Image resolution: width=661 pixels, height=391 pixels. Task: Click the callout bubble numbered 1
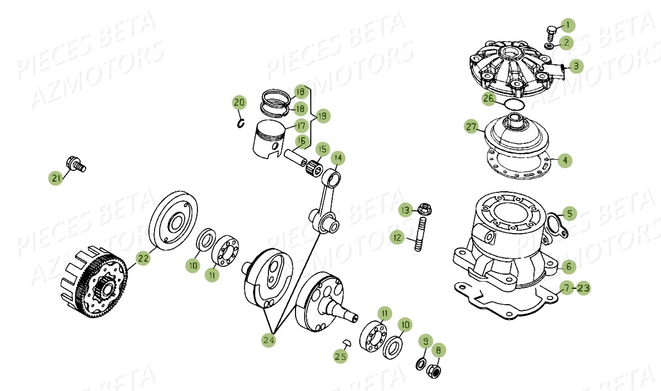tap(568, 25)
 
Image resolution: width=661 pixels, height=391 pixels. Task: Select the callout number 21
tap(55, 178)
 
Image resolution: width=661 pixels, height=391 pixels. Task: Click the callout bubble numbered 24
tap(268, 340)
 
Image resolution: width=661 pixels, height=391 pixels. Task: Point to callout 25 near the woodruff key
tap(340, 356)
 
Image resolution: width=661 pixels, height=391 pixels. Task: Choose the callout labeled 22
tap(143, 258)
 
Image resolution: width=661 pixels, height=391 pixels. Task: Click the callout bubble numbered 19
tap(322, 116)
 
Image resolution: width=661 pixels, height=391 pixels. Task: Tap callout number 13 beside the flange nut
tap(405, 210)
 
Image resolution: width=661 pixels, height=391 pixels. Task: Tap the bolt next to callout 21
tap(74, 164)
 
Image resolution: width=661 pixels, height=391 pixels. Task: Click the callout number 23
tap(583, 288)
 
